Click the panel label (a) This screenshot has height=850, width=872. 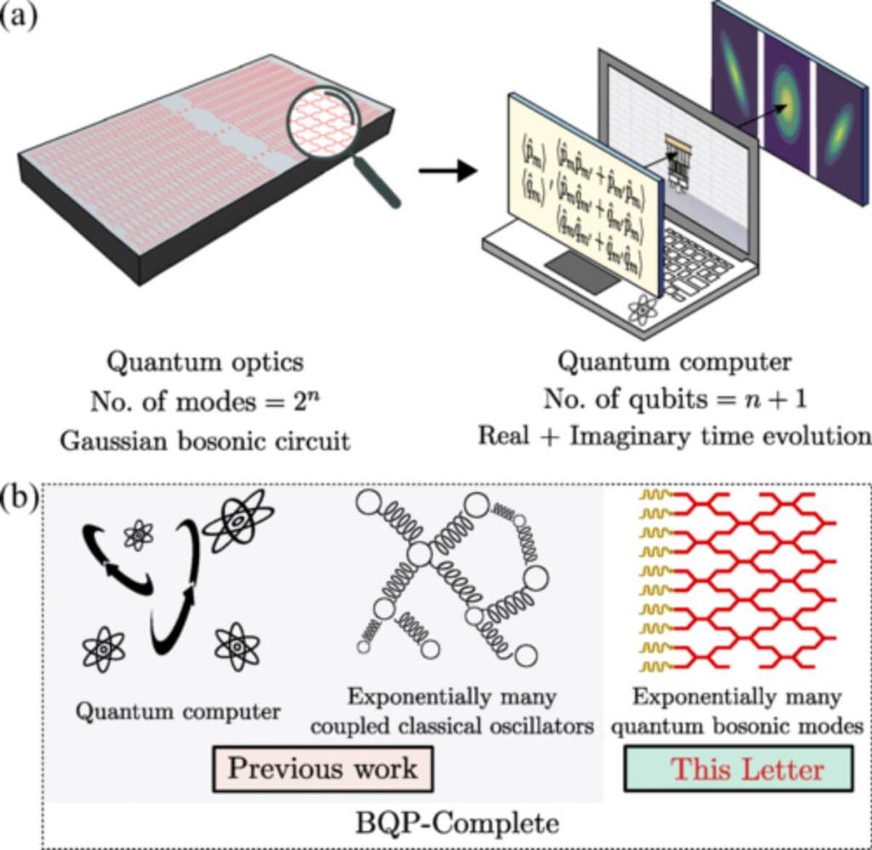coord(19,16)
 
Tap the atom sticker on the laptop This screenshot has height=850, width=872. coord(642,309)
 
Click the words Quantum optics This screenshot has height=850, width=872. coord(204,362)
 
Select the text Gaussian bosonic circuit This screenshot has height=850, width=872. coord(204,440)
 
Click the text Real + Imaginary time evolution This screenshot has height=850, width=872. coord(674,435)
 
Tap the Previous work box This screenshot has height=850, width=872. coord(323,768)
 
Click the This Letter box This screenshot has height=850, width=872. coord(737,769)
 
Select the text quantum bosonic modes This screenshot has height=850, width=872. coord(737,726)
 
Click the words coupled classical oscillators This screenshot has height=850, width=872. coord(451,726)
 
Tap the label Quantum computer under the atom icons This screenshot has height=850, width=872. coord(178,711)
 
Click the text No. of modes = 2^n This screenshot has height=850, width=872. coord(204,401)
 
